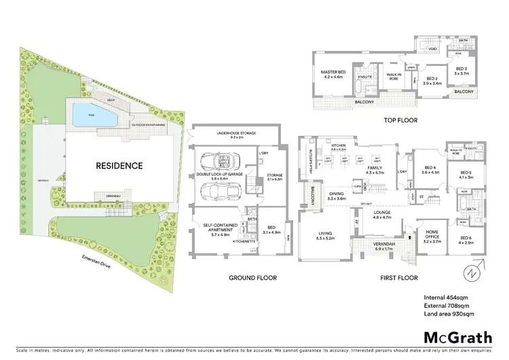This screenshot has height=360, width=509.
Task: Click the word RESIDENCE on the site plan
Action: [x=119, y=165]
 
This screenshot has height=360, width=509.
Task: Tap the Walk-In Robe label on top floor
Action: [x=393, y=76]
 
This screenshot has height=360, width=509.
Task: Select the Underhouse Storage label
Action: [x=234, y=134]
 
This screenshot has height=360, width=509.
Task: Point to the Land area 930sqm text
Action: [x=449, y=314]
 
